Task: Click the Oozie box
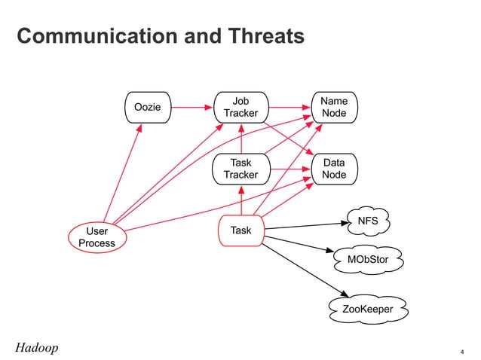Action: [147, 107]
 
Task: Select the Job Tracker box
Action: [240, 107]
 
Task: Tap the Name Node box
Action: [334, 107]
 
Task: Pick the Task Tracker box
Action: [240, 169]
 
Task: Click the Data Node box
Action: [334, 169]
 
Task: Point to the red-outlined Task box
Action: [240, 230]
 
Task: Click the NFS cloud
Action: [367, 221]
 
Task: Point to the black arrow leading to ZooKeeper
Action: [305, 268]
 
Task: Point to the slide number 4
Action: [461, 351]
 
